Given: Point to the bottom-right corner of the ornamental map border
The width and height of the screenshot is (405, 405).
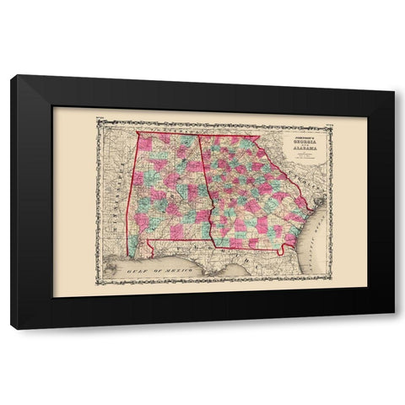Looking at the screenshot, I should coord(334,286).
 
